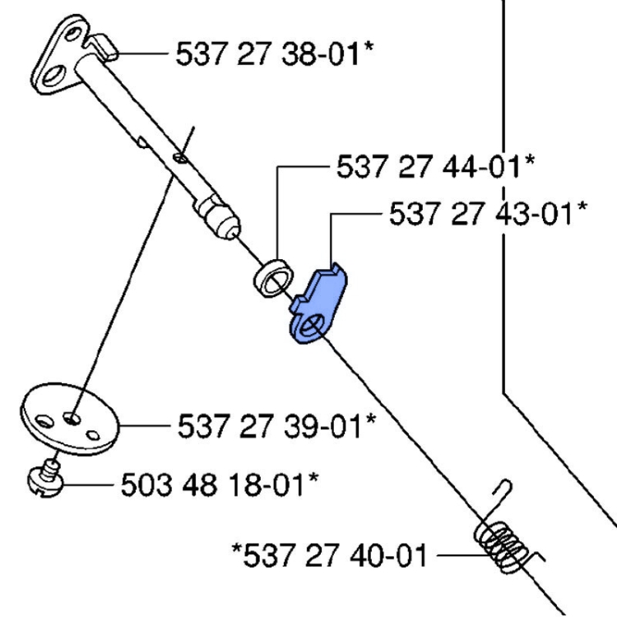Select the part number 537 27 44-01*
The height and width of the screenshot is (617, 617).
434,166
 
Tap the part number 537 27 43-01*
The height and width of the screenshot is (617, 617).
487,214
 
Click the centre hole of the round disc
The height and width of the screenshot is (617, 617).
74,418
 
